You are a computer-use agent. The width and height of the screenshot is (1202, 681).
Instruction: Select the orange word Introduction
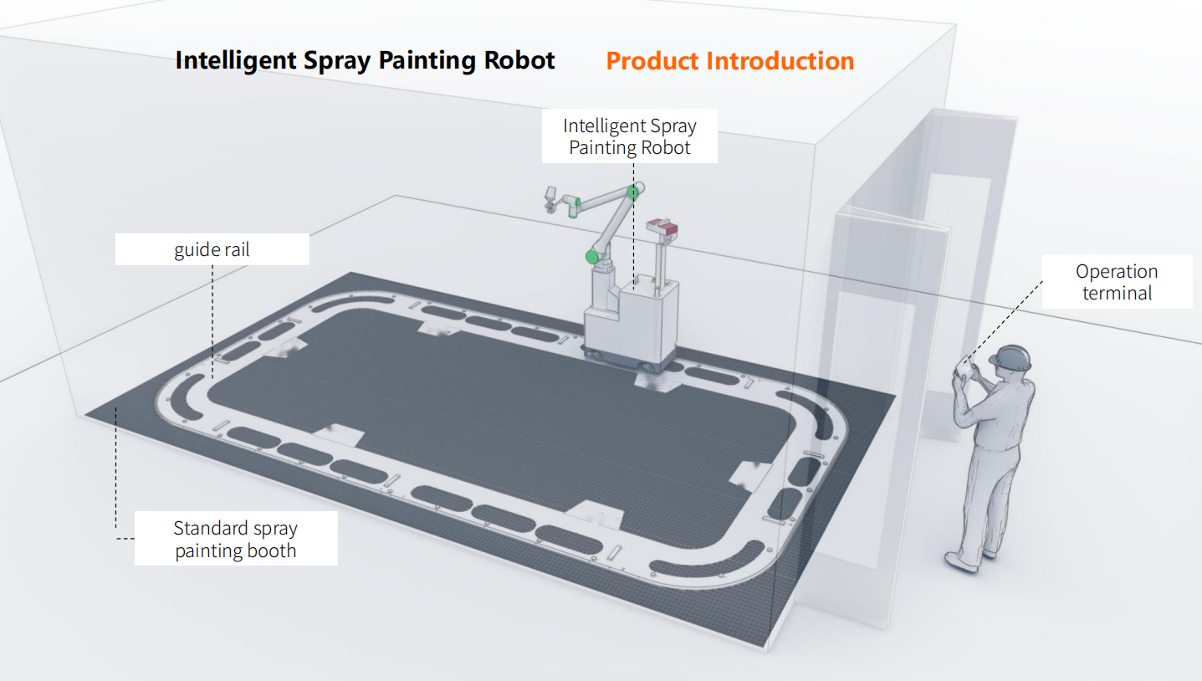click(x=780, y=61)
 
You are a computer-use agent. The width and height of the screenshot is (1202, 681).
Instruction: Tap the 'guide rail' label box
click(x=212, y=249)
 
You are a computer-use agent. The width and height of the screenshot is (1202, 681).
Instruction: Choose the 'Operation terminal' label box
click(x=1117, y=282)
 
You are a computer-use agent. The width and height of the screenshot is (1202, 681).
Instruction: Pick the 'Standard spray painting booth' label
click(x=235, y=539)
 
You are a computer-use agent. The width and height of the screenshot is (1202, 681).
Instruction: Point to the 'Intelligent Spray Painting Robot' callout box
click(x=629, y=136)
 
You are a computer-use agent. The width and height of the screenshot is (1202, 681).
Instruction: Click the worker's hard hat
click(x=1010, y=357)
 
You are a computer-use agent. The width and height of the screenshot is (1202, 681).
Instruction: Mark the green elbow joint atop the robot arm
click(x=634, y=192)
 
